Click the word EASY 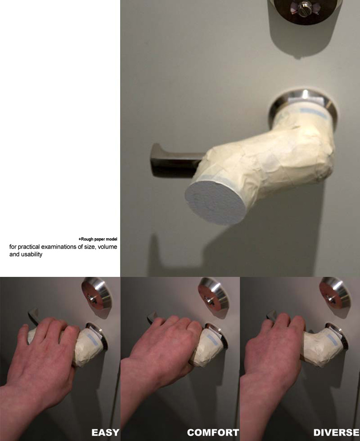click(x=105, y=432)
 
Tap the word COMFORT click(x=213, y=432)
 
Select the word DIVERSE click(x=336, y=432)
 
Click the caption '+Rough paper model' click(x=98, y=239)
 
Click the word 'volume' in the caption click(x=107, y=247)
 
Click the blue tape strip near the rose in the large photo click(x=312, y=112)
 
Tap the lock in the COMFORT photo click(x=213, y=295)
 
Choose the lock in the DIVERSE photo click(x=334, y=295)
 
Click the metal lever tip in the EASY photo click(x=33, y=315)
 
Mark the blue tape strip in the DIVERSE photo click(x=332, y=341)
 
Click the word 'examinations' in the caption click(x=59, y=247)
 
